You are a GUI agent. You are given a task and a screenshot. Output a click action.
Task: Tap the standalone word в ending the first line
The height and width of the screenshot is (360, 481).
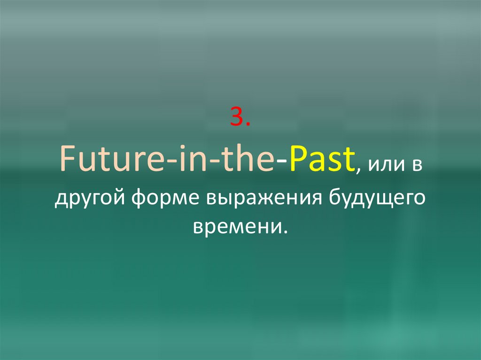(x=417, y=166)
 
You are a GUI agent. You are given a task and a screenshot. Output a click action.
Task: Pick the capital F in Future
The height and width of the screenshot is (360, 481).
(x=65, y=161)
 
